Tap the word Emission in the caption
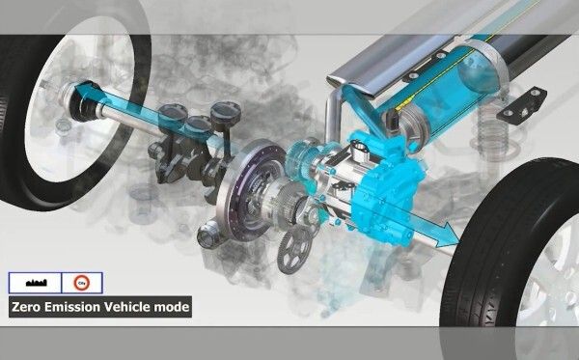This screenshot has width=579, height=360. [x=74, y=309]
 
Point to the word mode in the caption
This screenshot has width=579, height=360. [x=173, y=309]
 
